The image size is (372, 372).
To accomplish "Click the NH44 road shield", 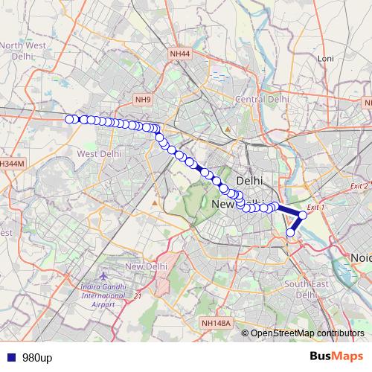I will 180,54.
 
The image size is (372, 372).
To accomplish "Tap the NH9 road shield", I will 142,99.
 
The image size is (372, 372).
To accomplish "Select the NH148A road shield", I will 217,323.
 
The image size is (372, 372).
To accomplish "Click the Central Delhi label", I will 262,99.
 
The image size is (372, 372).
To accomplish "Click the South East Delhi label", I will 306,289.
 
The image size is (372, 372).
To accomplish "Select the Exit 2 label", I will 359,185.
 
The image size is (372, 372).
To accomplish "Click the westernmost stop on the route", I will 69,119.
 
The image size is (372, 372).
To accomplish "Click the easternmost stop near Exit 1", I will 303,215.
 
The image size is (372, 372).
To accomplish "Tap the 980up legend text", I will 36,358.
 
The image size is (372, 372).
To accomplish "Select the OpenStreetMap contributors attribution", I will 307,333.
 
